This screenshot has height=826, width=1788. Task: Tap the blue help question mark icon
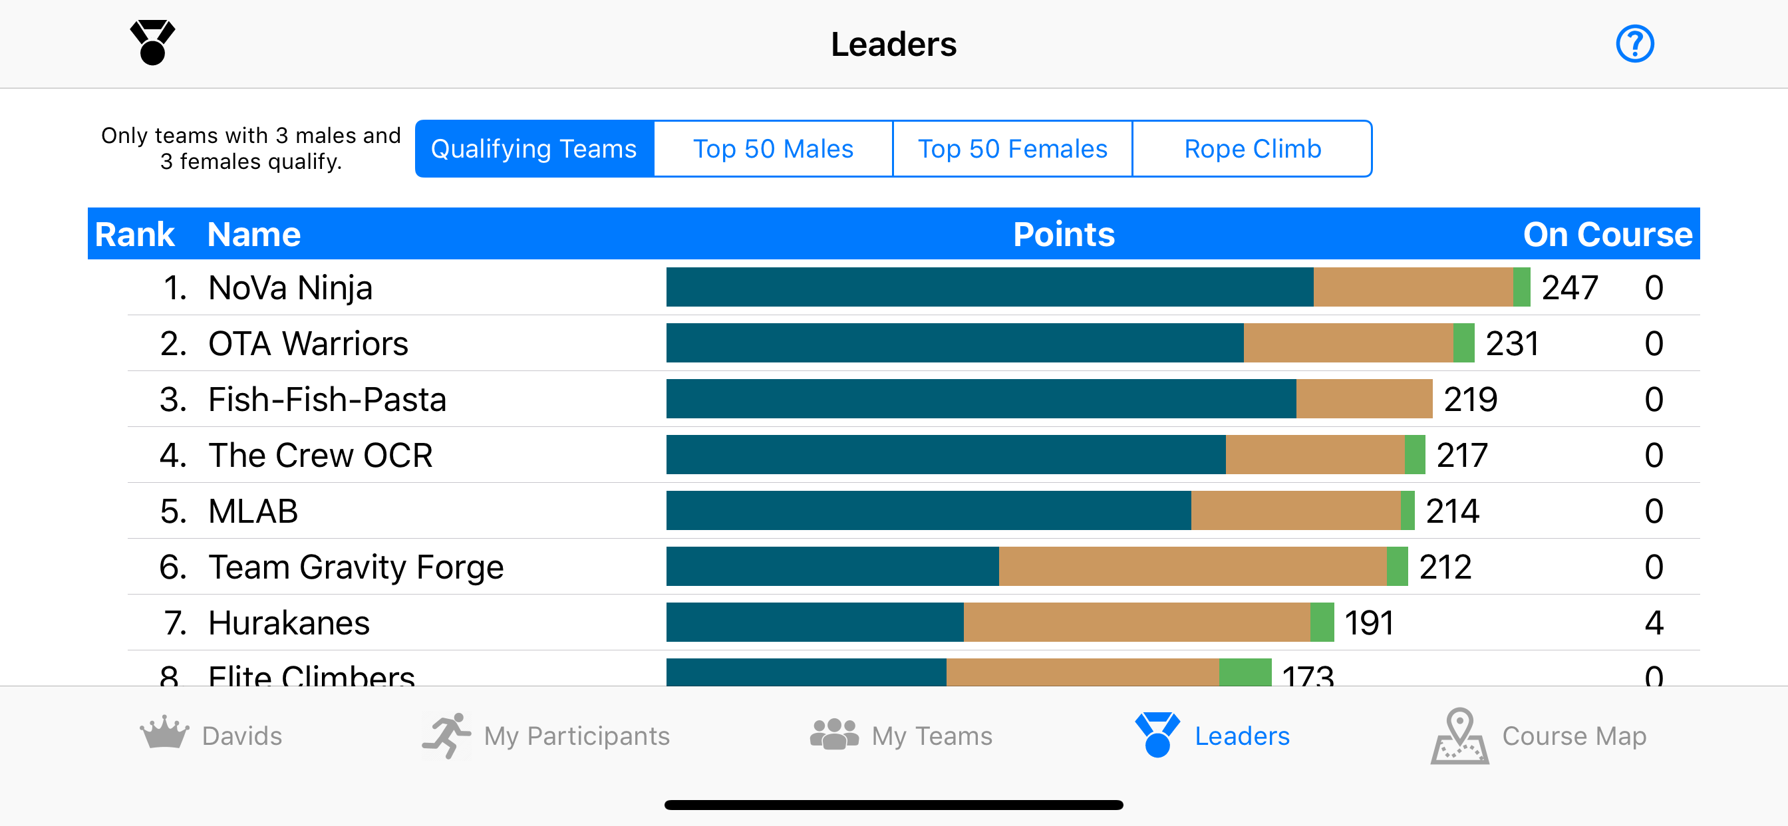1634,44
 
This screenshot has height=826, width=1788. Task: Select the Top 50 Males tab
773,148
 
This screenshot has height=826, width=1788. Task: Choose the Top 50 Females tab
1012,148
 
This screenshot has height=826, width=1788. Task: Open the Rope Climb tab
1251,148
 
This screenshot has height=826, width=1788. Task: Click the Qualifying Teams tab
533,148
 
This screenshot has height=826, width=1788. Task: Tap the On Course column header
1607,235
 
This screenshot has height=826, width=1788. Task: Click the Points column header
1064,235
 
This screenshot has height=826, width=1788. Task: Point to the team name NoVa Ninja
290,287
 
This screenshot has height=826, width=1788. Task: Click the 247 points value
1569,287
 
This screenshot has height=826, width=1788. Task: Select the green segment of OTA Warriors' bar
1463,343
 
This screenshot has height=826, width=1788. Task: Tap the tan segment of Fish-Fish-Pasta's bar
1364,399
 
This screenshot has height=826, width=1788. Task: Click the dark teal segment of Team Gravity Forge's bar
832,567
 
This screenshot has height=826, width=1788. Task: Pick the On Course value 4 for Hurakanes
1654,622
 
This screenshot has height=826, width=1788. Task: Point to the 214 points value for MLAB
1452,511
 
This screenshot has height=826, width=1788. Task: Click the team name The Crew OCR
320,456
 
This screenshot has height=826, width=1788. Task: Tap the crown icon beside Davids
164,732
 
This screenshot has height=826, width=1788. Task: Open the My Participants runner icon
446,735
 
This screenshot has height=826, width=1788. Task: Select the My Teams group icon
834,734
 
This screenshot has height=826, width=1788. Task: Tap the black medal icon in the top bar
153,43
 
